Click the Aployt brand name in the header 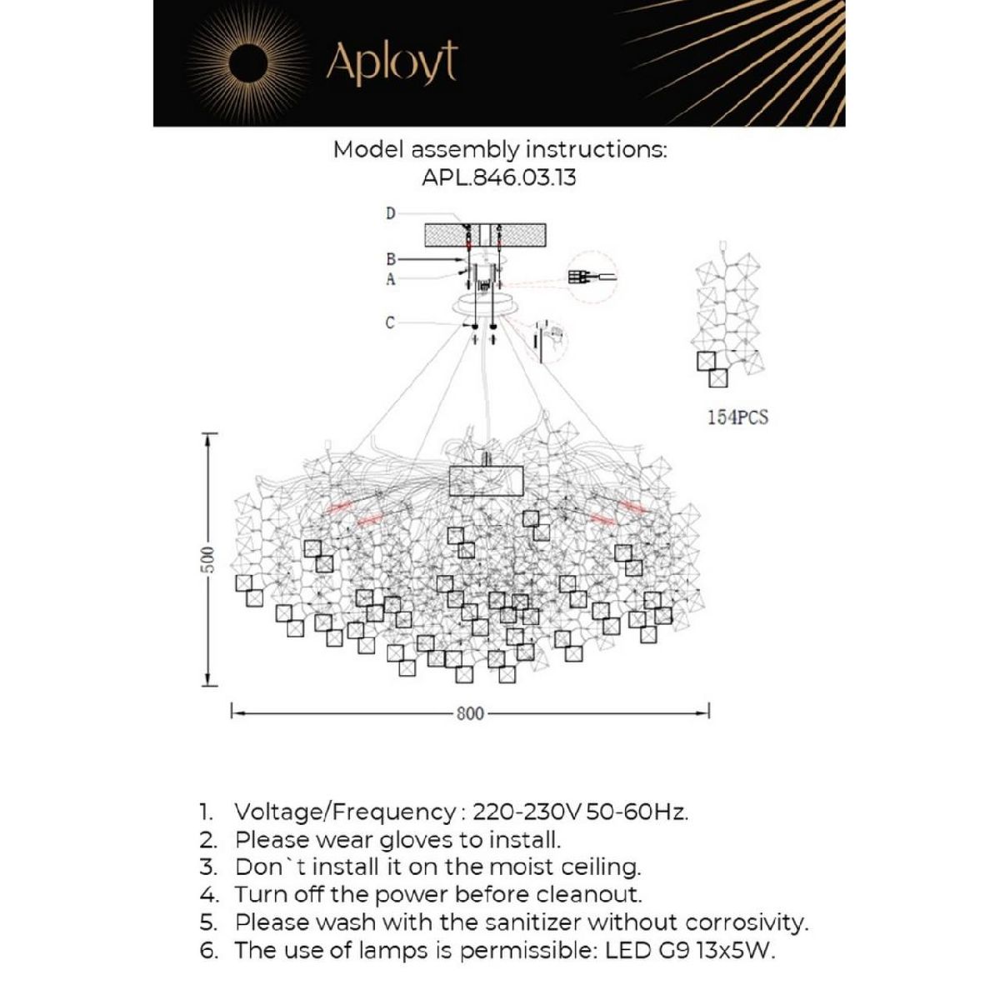point(392,62)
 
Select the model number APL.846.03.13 point(499,177)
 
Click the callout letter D point(390,214)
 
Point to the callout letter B point(390,259)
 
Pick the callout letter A point(390,280)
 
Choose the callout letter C point(390,322)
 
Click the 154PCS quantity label point(737,418)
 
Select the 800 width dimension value point(470,714)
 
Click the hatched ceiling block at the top point(485,234)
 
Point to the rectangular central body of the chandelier point(486,482)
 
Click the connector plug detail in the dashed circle point(590,278)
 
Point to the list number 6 point(209,950)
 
